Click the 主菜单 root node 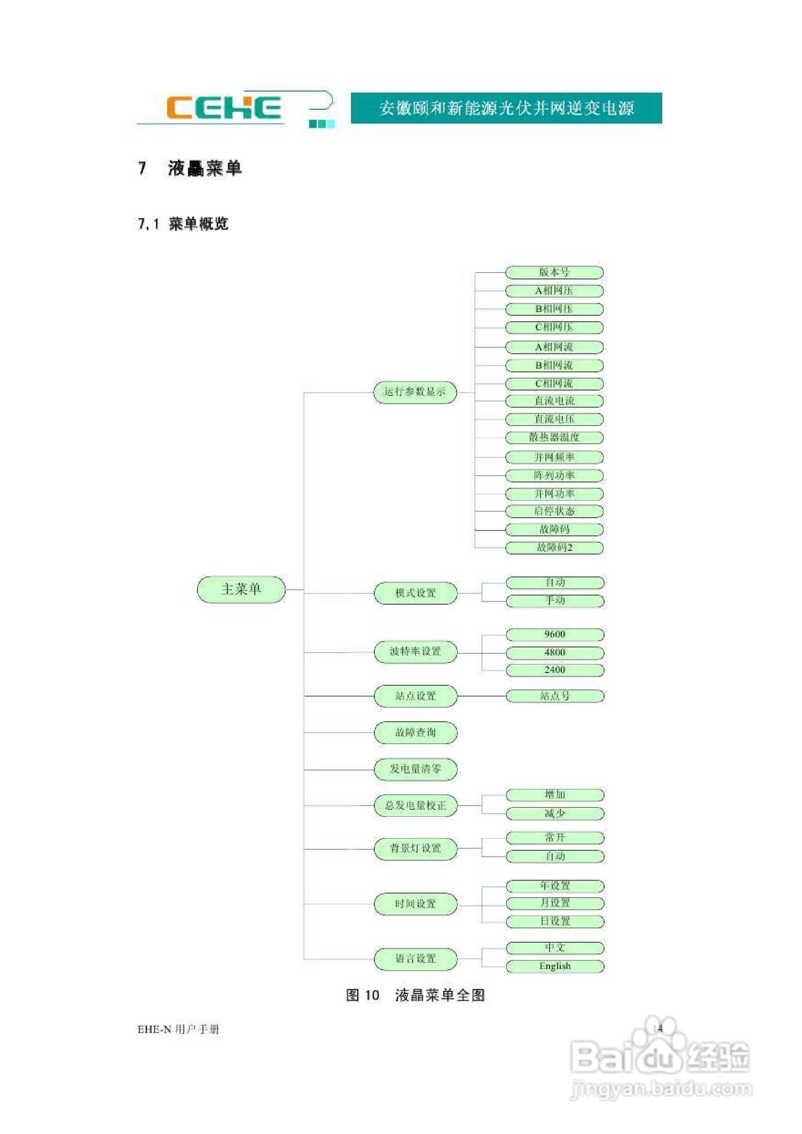241,589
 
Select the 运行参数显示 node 415,392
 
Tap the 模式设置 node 416,593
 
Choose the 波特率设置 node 416,652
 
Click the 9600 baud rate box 554,634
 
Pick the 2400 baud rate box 554,670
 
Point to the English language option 554,966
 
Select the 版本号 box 554,272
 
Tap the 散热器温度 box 554,437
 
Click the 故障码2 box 554,548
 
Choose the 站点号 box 554,696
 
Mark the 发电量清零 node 416,769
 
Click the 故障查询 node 416,732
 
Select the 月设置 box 554,903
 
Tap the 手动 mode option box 554,601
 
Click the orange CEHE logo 223,108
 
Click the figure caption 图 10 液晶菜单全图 415,995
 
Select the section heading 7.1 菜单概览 183,224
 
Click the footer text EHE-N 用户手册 178,1029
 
